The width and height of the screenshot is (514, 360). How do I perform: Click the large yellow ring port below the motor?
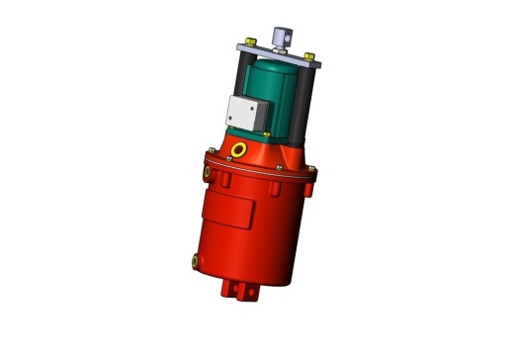pyautogui.click(x=239, y=149)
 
